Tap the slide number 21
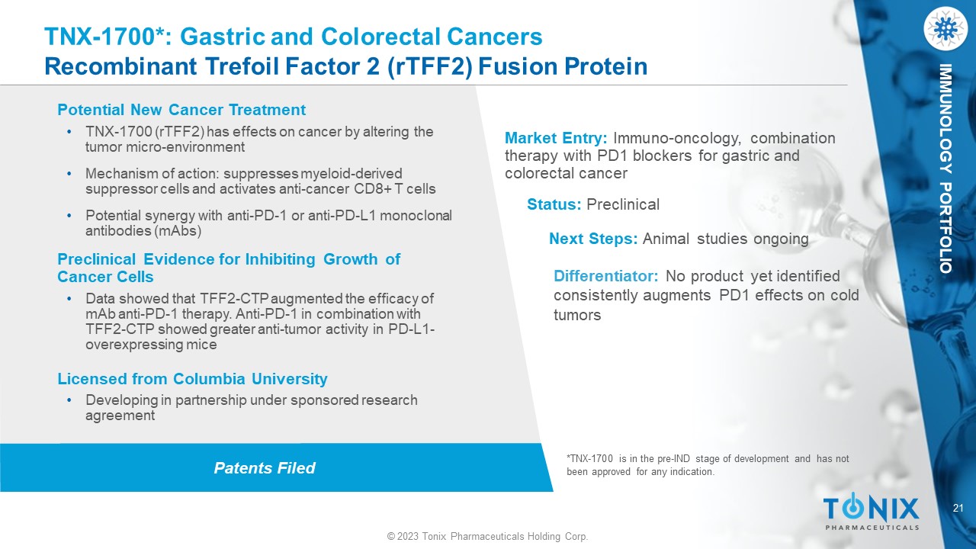tap(958, 508)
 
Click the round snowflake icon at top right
tap(945, 29)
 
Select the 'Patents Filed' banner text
tap(265, 468)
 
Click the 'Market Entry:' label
tap(556, 138)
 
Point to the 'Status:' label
tap(554, 204)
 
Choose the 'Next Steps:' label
tap(593, 239)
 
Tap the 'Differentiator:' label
tap(606, 276)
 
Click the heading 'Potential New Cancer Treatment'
tap(181, 110)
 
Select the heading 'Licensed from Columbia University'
tap(193, 379)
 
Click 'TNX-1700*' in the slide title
tap(104, 37)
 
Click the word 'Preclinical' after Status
tap(623, 204)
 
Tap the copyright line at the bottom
tap(487, 536)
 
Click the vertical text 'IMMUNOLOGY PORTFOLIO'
tap(945, 169)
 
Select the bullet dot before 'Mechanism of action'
tap(69, 174)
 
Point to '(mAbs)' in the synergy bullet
tap(179, 231)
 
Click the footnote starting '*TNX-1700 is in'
tap(708, 465)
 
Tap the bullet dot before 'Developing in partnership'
tap(69, 400)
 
